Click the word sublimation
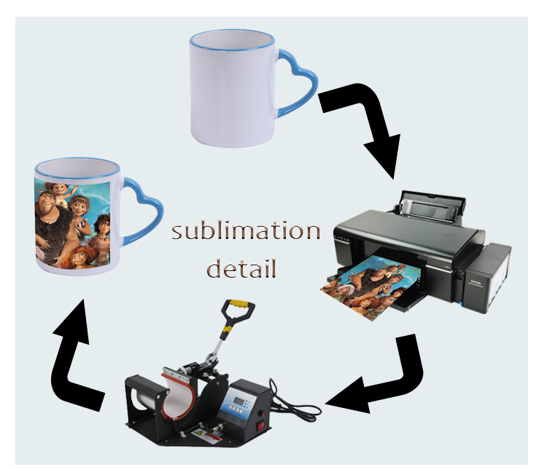point(246,232)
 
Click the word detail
point(242,270)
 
